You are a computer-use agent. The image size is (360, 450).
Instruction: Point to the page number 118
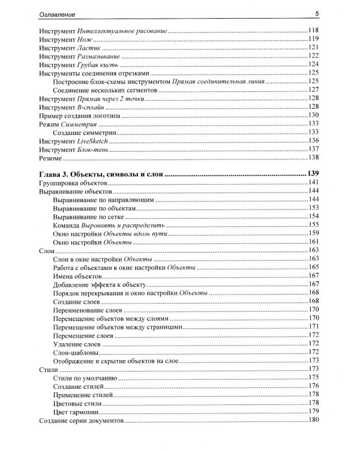312,30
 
